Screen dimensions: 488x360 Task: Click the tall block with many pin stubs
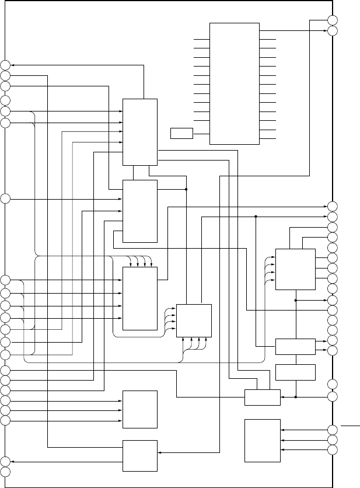pyautogui.click(x=234, y=83)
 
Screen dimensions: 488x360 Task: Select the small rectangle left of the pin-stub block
pyautogui.click(x=181, y=133)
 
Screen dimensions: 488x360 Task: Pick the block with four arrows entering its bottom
pyautogui.click(x=194, y=320)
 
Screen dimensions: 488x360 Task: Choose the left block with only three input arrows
pyautogui.click(x=140, y=409)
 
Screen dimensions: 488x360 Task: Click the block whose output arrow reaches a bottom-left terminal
pyautogui.click(x=140, y=455)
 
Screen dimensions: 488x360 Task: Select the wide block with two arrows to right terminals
pyautogui.click(x=295, y=346)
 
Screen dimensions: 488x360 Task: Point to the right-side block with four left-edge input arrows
pyautogui.click(x=295, y=269)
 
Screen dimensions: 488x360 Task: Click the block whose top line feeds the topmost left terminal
pyautogui.click(x=140, y=132)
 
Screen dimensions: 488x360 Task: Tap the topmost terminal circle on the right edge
pyautogui.click(x=333, y=20)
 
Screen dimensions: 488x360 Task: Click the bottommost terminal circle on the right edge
pyautogui.click(x=333, y=451)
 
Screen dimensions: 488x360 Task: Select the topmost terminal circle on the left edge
pyautogui.click(x=5, y=65)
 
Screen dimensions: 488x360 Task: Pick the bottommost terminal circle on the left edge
pyautogui.click(x=5, y=470)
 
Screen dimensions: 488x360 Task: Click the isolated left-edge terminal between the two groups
pyautogui.click(x=5, y=199)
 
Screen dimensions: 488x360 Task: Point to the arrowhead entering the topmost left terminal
pyautogui.click(x=13, y=65)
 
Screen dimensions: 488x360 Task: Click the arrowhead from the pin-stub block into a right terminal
pyautogui.click(x=325, y=30)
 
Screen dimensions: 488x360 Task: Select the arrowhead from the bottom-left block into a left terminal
pyautogui.click(x=13, y=461)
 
